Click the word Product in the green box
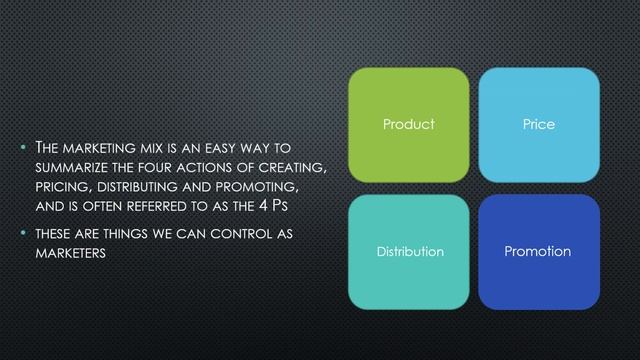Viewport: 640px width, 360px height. pos(409,125)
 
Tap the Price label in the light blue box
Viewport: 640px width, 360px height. pos(539,125)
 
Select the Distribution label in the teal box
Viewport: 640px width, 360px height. pos(409,251)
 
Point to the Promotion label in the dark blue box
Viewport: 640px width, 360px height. pos(539,251)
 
